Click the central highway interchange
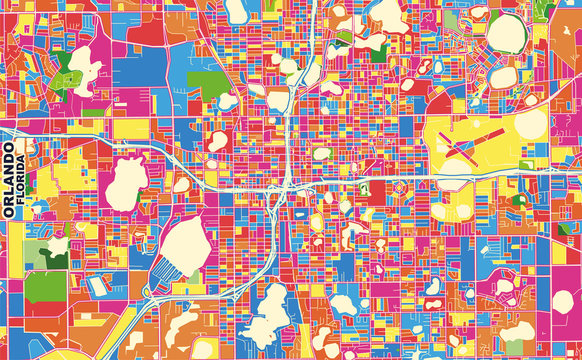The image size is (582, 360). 287,184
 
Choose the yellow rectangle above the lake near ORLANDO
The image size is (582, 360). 130,129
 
